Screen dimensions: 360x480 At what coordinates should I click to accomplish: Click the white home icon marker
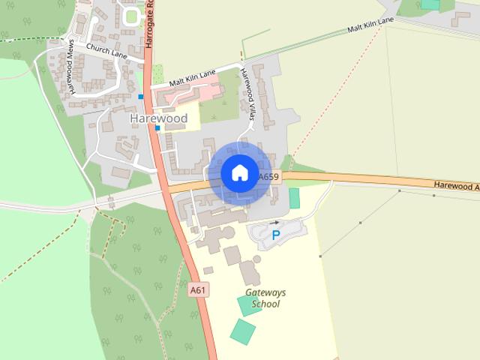point(238,173)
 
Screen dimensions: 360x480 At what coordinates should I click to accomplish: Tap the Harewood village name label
point(158,118)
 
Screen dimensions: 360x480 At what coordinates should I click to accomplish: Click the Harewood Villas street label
point(253,100)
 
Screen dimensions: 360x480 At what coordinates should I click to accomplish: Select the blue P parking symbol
point(275,235)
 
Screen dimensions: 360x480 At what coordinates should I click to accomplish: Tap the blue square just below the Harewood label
point(157,128)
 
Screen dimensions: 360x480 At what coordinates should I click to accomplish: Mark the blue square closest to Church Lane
point(140,96)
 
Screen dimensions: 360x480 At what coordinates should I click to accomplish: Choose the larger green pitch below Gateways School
point(242,331)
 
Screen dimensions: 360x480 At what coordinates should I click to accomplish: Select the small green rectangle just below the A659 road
point(294,198)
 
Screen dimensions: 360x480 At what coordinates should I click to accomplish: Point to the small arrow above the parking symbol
point(274,223)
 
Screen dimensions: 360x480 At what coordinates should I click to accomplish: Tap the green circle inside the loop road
point(133,16)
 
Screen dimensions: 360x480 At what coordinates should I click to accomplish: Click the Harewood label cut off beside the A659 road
point(456,186)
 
